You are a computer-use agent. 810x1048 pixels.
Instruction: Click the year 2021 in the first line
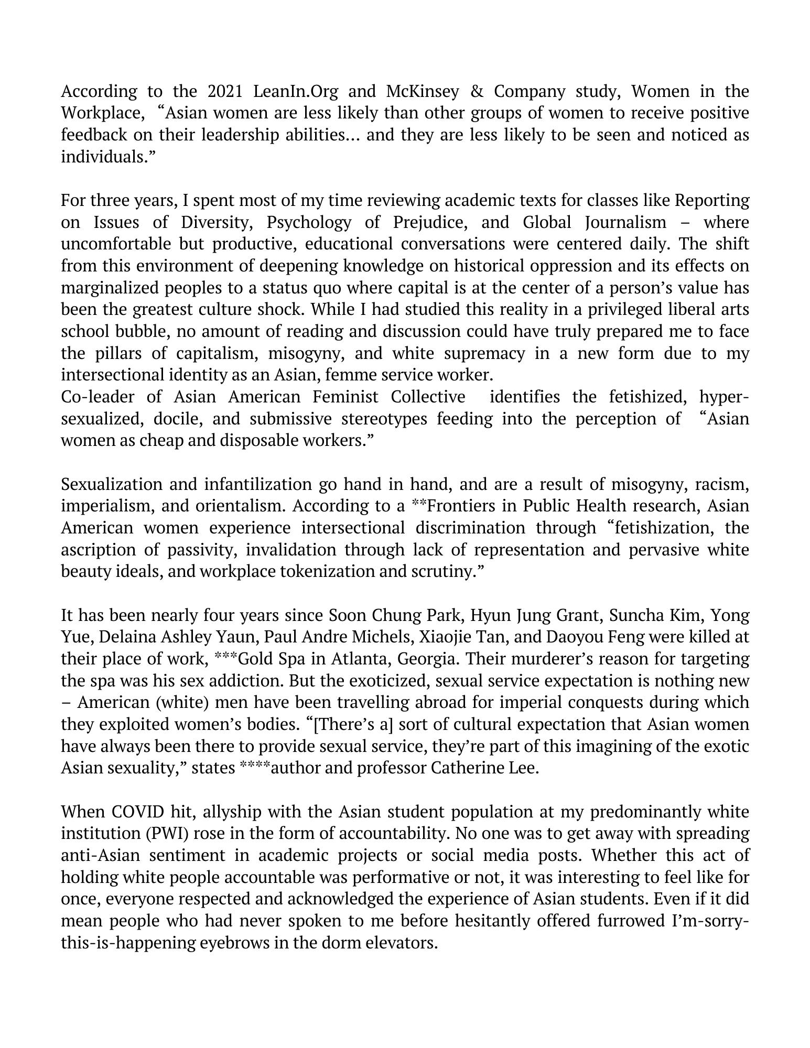pyautogui.click(x=225, y=92)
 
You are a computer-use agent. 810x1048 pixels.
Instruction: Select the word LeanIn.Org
pyautogui.click(x=296, y=92)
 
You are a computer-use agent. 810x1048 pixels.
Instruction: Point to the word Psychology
pyautogui.click(x=309, y=223)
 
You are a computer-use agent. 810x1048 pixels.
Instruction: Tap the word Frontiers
pyautogui.click(x=457, y=506)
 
